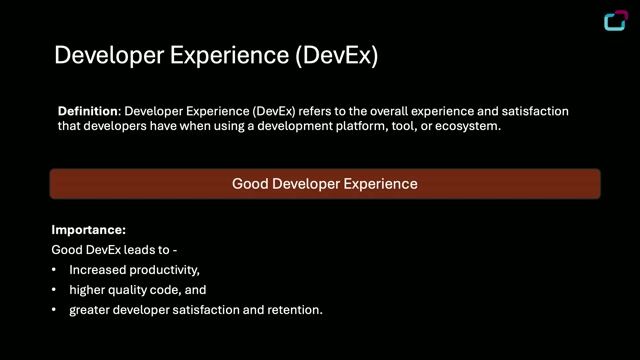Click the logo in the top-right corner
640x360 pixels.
(617, 21)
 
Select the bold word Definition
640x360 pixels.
(88, 111)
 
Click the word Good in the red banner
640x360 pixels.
(249, 184)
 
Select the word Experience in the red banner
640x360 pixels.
(380, 184)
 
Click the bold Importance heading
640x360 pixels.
(89, 230)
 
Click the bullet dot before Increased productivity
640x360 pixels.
(54, 270)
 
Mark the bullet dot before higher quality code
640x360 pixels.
(54, 290)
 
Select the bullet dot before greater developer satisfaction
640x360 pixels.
(54, 310)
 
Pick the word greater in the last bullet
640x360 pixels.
(90, 310)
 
